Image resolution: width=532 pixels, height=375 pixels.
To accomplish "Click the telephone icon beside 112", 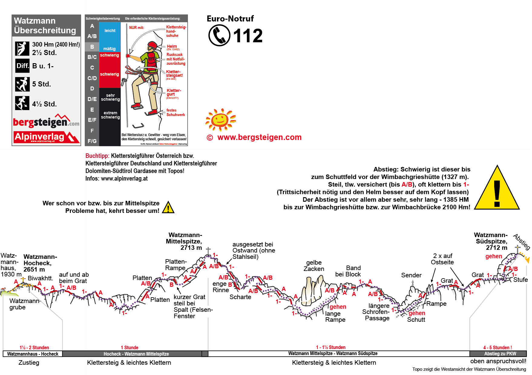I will (x=219, y=35).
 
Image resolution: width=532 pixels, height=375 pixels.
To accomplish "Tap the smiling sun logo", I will (x=220, y=119).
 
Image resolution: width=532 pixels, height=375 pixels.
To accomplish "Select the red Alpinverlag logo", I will (x=46, y=137).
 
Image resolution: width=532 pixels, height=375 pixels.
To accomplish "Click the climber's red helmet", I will (x=152, y=45).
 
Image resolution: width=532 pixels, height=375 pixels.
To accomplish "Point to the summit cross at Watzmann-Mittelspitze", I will (x=208, y=251).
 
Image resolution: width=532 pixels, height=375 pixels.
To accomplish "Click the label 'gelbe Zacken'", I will (x=314, y=266).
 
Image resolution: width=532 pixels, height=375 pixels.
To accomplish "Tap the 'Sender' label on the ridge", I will (x=411, y=275).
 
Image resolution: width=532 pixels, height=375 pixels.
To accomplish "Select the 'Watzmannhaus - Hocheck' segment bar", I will (x=33, y=354).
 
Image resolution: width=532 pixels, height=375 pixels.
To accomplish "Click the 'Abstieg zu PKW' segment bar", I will (x=500, y=354).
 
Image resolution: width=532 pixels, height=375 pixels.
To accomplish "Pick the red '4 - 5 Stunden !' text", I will (x=498, y=348).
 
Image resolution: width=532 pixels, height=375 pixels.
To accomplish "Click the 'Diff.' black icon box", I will (x=22, y=66).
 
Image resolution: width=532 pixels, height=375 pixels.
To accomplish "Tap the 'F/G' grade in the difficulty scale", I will (x=92, y=141).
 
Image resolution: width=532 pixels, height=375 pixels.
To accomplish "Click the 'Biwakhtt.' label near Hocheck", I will (x=40, y=278).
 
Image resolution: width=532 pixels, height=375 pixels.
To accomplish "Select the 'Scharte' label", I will (x=240, y=297).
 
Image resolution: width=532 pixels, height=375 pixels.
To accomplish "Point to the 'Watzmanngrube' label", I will (x=25, y=304).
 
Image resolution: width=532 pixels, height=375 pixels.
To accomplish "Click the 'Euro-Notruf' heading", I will (x=230, y=19).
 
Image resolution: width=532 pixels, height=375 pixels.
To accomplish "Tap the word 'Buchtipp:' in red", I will (x=97, y=156).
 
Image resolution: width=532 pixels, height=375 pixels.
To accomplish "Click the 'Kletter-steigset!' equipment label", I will (x=174, y=74).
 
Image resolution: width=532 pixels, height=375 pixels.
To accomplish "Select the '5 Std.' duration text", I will (x=41, y=84).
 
